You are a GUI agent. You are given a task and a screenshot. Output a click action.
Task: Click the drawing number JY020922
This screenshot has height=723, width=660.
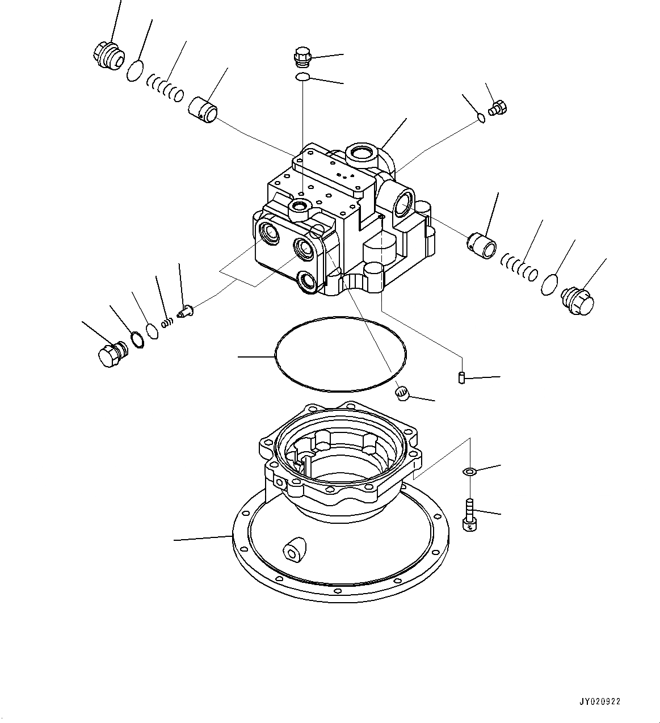(x=600, y=701)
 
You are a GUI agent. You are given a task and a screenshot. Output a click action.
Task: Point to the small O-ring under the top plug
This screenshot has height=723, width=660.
(x=302, y=77)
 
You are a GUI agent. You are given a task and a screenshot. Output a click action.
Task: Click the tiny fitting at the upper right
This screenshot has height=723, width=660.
(x=499, y=107)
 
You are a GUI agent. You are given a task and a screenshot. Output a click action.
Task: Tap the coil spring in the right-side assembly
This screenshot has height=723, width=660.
(x=519, y=267)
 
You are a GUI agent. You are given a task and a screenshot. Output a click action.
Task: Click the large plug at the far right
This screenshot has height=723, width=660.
(x=577, y=299)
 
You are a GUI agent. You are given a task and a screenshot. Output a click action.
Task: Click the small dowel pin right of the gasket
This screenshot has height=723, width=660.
(x=462, y=377)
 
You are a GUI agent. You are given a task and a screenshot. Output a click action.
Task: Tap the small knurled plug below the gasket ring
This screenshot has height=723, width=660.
(x=402, y=393)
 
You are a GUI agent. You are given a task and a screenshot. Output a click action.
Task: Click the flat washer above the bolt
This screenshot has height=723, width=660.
(x=470, y=470)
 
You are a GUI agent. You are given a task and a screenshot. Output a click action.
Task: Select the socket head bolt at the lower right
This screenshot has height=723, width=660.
(x=470, y=514)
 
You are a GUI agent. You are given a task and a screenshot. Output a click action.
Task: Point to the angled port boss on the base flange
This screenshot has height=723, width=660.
(x=295, y=550)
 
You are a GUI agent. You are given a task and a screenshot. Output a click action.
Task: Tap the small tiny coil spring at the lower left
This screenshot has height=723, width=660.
(x=167, y=322)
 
